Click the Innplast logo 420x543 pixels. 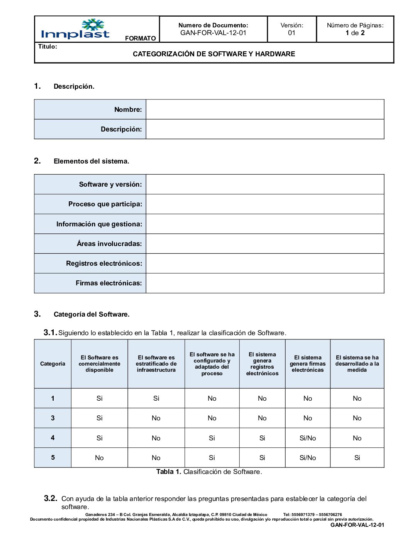75,29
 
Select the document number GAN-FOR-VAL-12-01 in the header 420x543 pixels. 213,33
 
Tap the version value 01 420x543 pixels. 291,33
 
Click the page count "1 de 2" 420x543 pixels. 355,33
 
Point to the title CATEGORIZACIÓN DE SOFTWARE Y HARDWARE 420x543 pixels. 214,54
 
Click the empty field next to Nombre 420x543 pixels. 265,110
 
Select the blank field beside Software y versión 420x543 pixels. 265,184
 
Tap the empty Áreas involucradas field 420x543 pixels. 265,244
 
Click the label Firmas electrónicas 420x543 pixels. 109,283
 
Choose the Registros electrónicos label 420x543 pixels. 104,263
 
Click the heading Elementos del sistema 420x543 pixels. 91,161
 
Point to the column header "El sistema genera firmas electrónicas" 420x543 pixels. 308,364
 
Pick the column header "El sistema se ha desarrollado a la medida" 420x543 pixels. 357,364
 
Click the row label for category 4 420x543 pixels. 52,438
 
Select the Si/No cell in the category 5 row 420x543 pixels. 308,458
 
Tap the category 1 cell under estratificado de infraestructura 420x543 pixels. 156,398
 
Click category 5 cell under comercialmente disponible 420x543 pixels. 99,458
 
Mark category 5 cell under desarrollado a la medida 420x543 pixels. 357,458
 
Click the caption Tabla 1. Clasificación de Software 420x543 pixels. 209,472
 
